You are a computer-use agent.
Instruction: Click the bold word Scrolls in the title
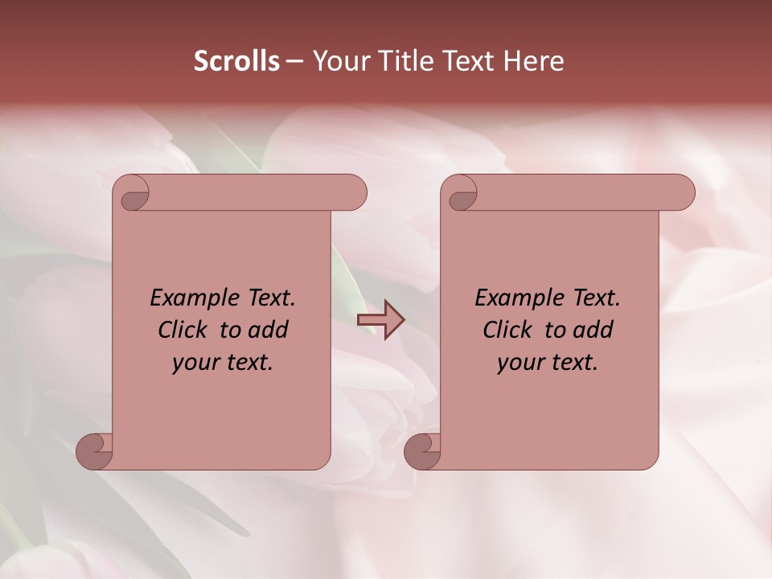[x=237, y=61]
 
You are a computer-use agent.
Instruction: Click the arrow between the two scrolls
[x=380, y=319]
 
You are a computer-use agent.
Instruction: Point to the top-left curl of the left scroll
[x=134, y=195]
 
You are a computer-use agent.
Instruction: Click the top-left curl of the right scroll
[x=462, y=195]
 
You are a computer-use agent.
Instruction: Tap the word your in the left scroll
[x=194, y=363]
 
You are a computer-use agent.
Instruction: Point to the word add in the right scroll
[x=593, y=330]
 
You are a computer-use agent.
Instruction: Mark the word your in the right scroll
[x=519, y=363]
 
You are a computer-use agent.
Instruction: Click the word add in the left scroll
[x=268, y=330]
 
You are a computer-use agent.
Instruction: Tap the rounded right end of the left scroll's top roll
[x=355, y=193]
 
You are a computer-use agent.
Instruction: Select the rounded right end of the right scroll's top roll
[x=683, y=193]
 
